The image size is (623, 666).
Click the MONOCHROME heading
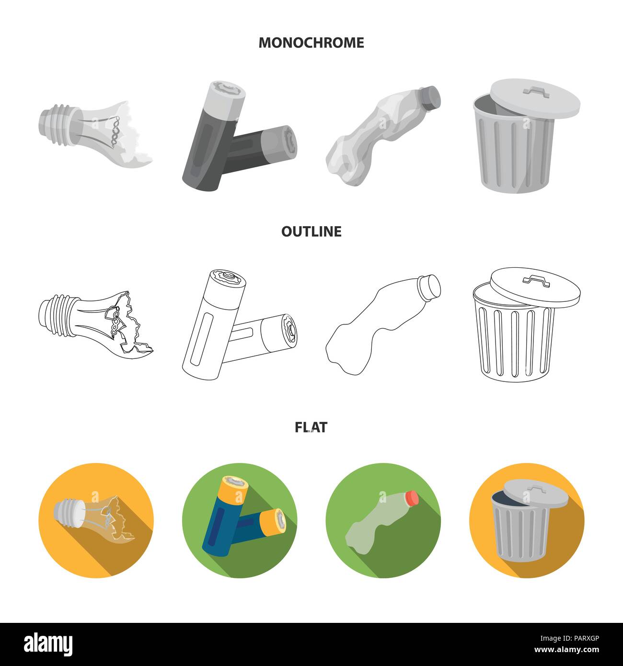(311, 43)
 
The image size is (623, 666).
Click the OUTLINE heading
(311, 231)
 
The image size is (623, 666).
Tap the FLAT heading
(311, 427)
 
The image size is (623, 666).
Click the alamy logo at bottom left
(42, 643)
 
